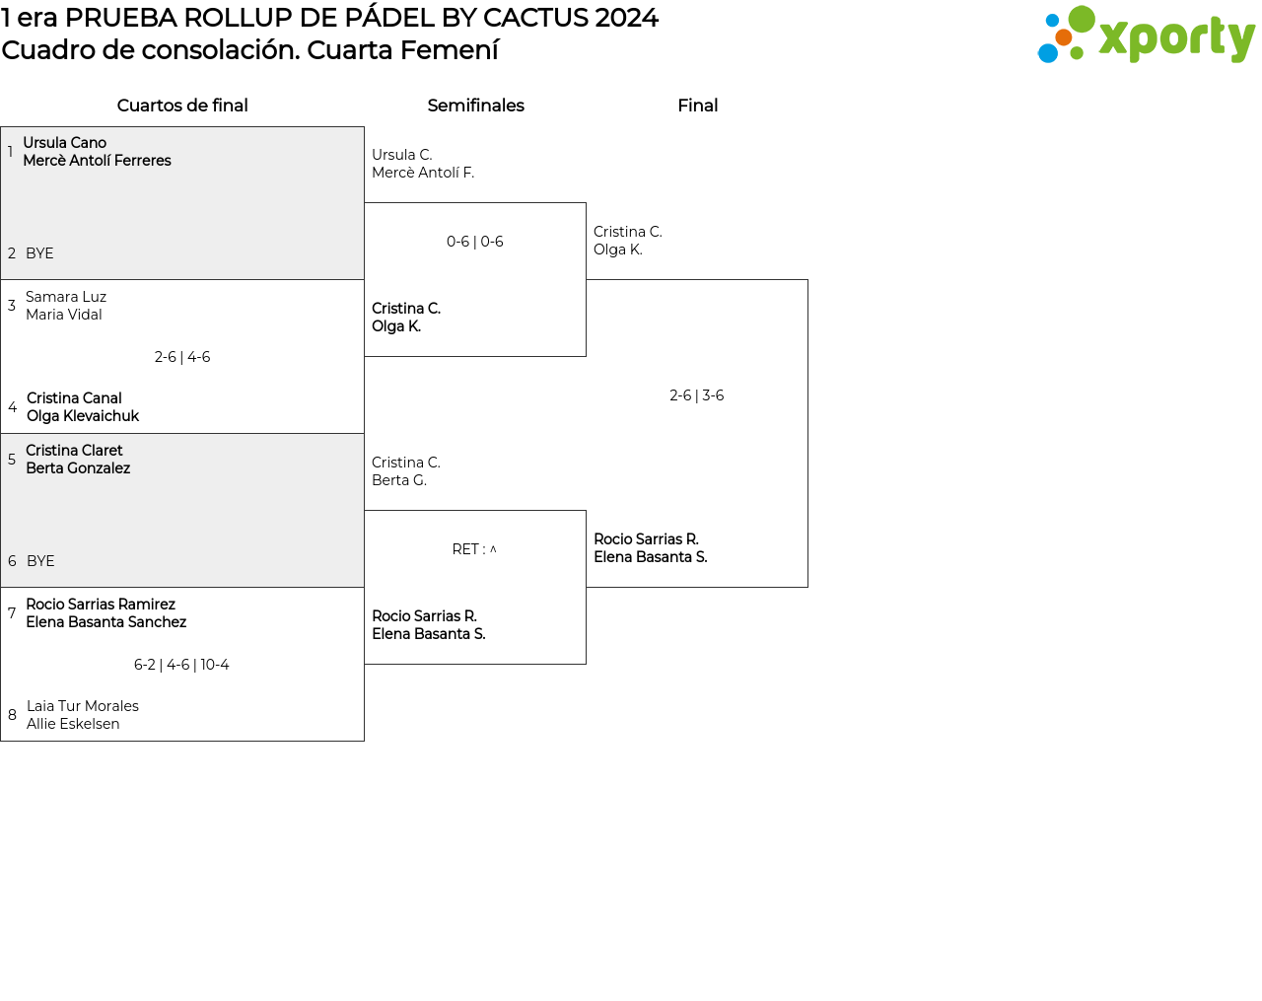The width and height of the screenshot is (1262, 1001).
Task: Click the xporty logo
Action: [1146, 36]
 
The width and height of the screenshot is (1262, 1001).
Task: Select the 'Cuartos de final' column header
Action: [182, 106]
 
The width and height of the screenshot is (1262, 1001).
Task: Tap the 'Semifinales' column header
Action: [475, 106]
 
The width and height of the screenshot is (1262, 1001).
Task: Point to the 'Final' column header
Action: [697, 106]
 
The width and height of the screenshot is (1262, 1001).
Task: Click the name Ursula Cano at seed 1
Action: [65, 143]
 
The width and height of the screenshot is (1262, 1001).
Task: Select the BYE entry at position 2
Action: [39, 253]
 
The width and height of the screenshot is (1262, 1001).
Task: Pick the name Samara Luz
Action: [66, 297]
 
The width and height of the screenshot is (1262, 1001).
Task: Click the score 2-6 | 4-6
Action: [182, 357]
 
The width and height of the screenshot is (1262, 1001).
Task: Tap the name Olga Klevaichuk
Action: [83, 416]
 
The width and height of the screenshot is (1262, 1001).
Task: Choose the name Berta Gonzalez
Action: [78, 468]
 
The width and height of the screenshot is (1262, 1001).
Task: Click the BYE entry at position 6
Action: [40, 561]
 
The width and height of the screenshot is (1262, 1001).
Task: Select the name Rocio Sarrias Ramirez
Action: [101, 605]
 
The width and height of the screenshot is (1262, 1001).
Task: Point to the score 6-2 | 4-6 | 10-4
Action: [181, 665]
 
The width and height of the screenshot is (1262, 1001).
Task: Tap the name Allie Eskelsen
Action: [73, 724]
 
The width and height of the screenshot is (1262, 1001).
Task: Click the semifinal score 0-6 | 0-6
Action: [475, 242]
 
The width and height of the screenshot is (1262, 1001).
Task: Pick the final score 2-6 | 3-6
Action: [697, 395]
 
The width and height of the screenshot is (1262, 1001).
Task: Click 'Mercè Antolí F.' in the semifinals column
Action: [423, 173]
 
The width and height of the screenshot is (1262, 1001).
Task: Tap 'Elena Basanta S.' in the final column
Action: [651, 557]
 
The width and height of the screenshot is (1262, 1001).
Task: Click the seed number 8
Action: [12, 715]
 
